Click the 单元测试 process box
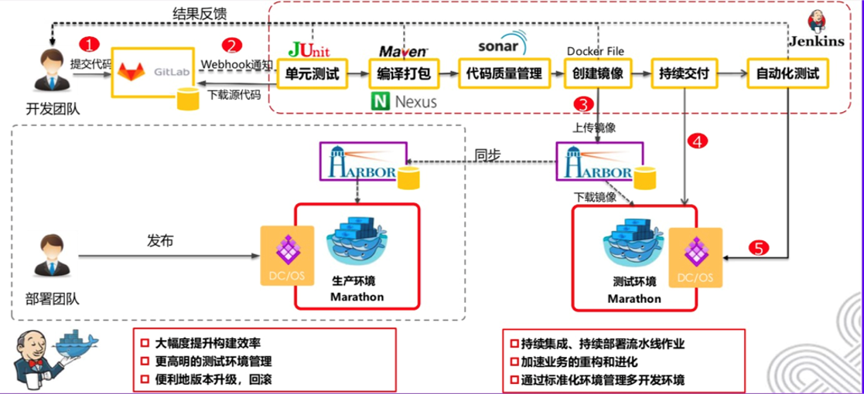[x=312, y=75]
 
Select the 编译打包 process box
[x=403, y=75]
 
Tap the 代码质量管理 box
[x=503, y=75]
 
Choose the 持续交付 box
[x=685, y=75]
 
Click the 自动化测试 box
[x=788, y=75]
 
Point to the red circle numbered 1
[x=91, y=45]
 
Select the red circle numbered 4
[x=698, y=141]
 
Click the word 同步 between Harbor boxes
[x=487, y=155]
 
